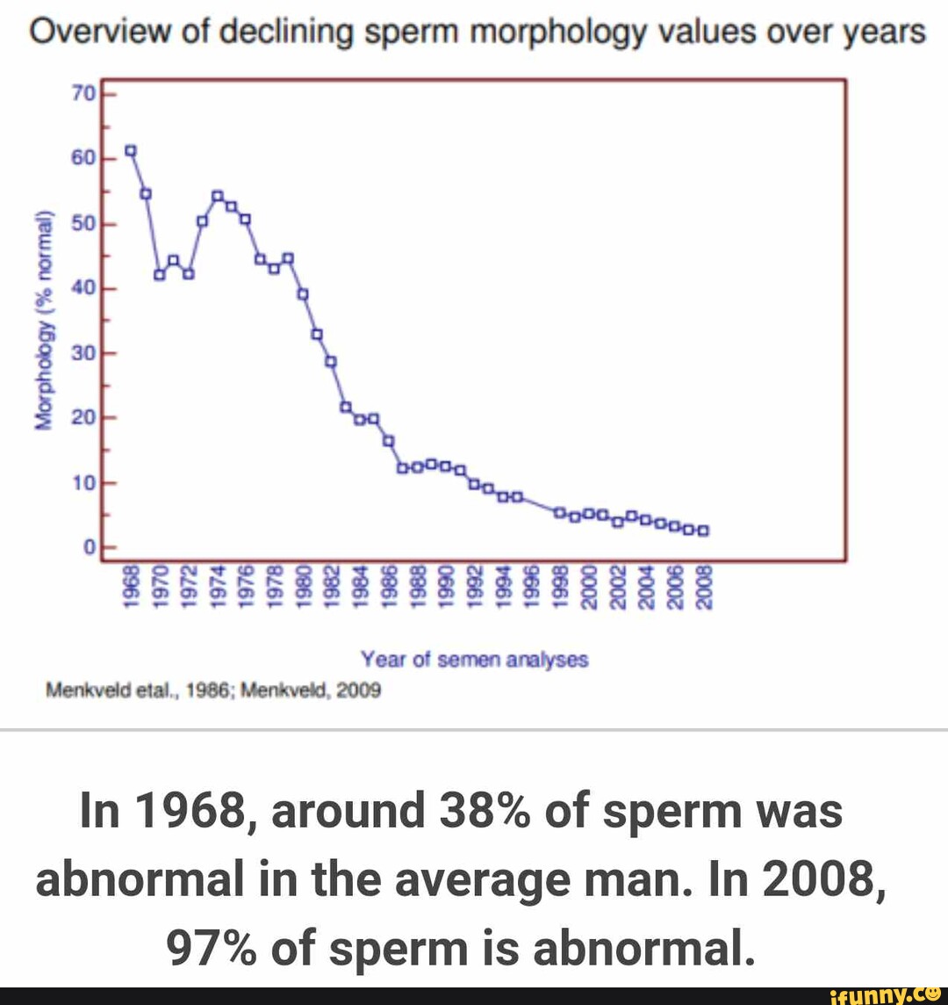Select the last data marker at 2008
(x=703, y=530)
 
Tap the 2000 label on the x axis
(x=590, y=586)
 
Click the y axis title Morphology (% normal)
(x=42, y=322)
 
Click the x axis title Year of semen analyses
(x=474, y=659)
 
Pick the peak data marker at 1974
(x=218, y=195)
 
